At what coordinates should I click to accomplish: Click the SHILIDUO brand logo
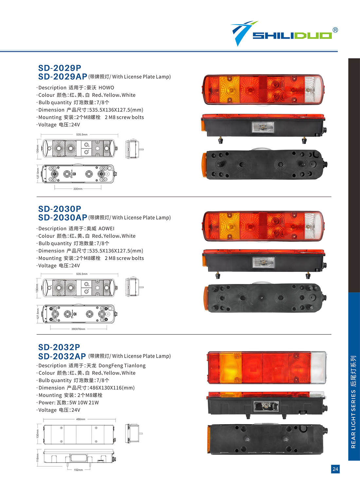[x=281, y=34]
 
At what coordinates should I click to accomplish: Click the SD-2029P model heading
[x=60, y=68]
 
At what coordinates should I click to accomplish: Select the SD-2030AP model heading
[x=63, y=217]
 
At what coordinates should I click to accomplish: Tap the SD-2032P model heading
[x=59, y=347]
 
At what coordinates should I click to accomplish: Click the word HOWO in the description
[x=106, y=88]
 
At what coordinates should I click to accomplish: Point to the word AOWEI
[x=106, y=229]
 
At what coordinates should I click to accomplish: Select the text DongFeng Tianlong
[x=122, y=366]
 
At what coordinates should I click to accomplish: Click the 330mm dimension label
[x=78, y=189]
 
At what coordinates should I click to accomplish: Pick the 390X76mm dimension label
[x=78, y=329]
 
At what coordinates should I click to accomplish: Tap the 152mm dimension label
[x=78, y=470]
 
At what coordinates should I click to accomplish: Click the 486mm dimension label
[x=81, y=419]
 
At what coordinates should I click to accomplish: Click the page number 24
[x=335, y=469]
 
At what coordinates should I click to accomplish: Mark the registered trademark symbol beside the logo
[x=335, y=30]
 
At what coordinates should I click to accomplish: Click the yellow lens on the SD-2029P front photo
[x=229, y=89]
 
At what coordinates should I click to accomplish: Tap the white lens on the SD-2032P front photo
[x=318, y=367]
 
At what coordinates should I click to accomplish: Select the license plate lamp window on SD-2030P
[x=264, y=263]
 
